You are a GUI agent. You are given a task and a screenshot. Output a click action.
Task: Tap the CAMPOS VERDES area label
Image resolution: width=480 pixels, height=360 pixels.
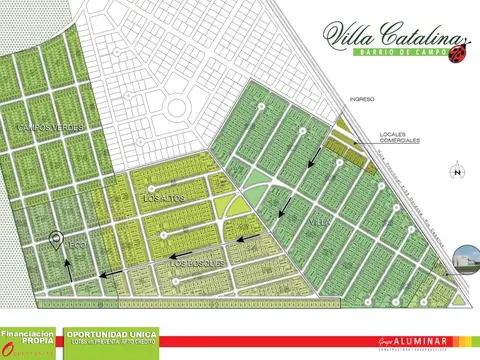pyautogui.click(x=45, y=130)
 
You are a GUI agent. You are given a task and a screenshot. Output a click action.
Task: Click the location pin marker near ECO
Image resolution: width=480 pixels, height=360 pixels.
pyautogui.click(x=56, y=239)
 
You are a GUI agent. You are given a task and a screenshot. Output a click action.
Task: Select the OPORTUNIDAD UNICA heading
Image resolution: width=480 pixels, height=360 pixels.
pyautogui.click(x=112, y=334)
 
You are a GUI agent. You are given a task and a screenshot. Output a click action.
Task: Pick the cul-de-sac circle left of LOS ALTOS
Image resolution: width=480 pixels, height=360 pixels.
pyautogui.click(x=150, y=187)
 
